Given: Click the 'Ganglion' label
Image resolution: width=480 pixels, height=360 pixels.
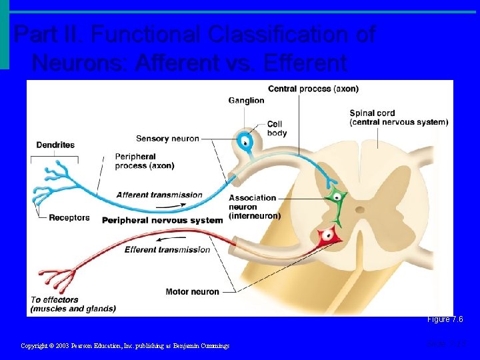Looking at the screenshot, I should coord(246,101).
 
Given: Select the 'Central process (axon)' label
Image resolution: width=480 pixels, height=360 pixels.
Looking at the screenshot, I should coord(313,89).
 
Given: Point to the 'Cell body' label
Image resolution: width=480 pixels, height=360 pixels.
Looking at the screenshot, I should coord(277,129).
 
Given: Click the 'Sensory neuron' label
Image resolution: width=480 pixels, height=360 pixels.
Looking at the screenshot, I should coord(167,139).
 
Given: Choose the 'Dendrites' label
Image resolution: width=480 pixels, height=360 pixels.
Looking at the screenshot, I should coord(55,145).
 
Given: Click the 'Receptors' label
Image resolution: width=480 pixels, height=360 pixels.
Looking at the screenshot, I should coord(69,217).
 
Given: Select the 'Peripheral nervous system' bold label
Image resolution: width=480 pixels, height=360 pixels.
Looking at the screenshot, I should coord(162,220).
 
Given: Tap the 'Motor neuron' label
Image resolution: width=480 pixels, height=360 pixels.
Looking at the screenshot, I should coord(192,291).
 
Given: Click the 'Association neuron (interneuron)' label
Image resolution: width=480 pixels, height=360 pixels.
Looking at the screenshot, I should coord(254,207).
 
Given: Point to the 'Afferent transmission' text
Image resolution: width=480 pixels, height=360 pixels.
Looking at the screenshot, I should coord(159,195).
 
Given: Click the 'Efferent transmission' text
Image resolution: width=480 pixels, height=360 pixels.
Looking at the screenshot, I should coord(167,250).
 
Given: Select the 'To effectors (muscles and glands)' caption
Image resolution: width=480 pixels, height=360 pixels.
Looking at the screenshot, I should coord(73,304).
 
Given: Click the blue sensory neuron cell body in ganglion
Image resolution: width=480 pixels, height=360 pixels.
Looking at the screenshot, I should coord(245,141).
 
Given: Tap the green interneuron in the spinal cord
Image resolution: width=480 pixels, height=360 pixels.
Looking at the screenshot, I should coord(336,197).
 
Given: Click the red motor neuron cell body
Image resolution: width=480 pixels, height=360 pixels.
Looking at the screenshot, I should coord(327,234).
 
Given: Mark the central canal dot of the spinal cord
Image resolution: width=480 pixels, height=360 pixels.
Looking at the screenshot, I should coord(361,209).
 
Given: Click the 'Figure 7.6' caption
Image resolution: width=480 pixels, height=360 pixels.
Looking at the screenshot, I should coord(445,319).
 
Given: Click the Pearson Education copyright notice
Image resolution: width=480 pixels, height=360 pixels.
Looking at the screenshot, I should coord(125,345).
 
